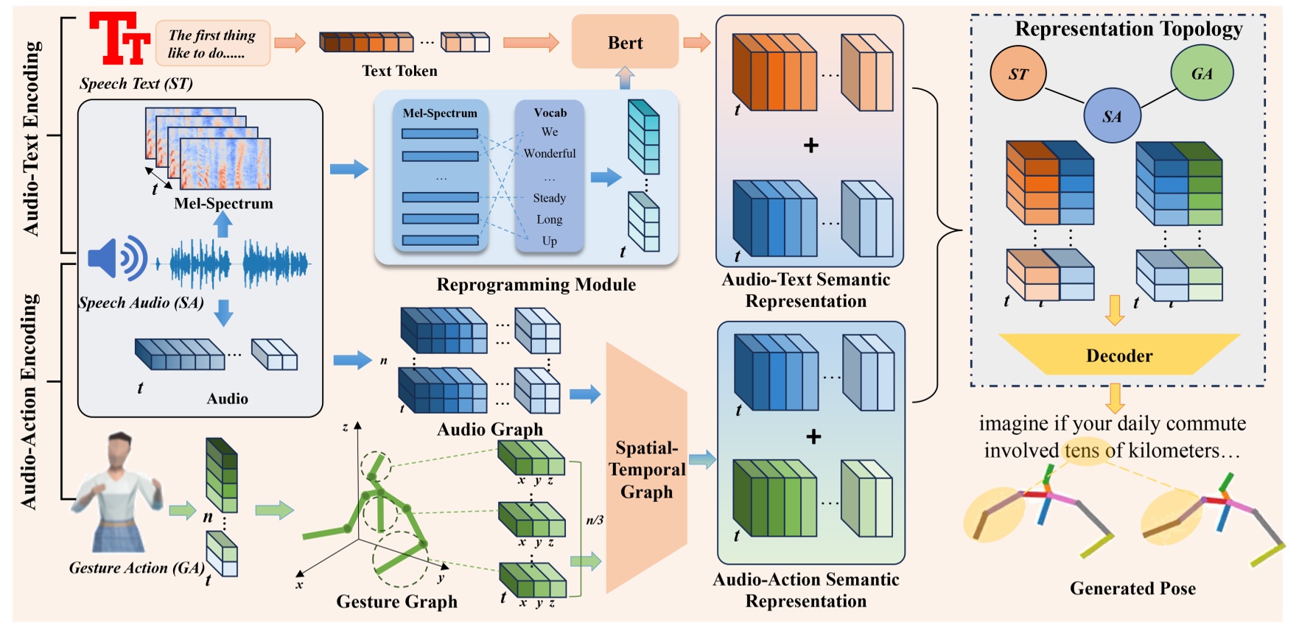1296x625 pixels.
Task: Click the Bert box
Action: point(625,43)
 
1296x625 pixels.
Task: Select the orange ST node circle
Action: point(1018,74)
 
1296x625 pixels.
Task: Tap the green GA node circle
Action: point(1201,73)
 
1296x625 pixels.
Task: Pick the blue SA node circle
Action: point(1112,116)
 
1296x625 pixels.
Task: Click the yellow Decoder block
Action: point(1118,356)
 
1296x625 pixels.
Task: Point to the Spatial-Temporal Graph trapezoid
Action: point(646,469)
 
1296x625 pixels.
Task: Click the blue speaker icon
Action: point(116,258)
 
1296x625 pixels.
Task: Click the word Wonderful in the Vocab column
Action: point(550,153)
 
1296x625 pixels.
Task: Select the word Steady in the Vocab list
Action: point(550,198)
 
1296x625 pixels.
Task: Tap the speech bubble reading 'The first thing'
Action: point(212,43)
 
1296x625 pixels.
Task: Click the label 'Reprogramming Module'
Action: point(536,285)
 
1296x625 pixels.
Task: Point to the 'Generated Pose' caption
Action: point(1132,588)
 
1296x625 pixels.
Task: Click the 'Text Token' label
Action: point(399,71)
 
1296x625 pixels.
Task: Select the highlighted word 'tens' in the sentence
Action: point(1082,451)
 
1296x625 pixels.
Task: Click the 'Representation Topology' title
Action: point(1128,29)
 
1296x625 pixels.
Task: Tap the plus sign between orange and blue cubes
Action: point(810,146)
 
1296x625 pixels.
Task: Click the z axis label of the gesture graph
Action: point(345,427)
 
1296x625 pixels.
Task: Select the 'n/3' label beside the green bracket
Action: point(595,520)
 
